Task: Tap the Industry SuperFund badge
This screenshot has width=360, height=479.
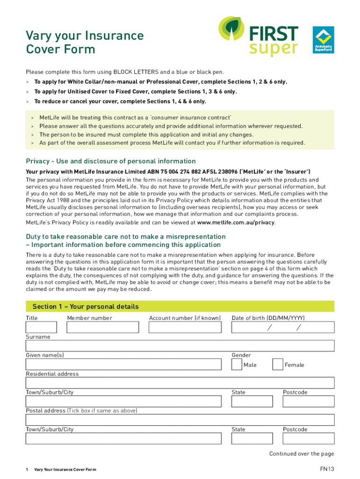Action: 323,40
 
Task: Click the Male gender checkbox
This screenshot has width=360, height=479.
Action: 237,364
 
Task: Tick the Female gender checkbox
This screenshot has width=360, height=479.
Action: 278,364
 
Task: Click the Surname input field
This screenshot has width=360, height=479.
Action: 180,346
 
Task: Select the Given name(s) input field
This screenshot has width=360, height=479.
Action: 123,364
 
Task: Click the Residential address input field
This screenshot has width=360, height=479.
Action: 180,383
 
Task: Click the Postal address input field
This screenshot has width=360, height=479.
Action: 180,420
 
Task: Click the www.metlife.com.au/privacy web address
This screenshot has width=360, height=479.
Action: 236,223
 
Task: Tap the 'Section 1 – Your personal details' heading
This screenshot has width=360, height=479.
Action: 86,307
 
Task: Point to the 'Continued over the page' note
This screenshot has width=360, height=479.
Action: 302,454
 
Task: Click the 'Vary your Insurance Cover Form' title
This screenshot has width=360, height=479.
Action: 85,42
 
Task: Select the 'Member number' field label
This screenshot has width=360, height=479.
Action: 90,318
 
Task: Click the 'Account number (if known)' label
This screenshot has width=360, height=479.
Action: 185,318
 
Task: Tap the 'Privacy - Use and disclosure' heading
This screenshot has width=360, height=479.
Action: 111,161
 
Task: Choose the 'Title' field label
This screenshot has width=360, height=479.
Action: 32,318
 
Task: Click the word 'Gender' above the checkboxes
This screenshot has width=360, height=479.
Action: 241,355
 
